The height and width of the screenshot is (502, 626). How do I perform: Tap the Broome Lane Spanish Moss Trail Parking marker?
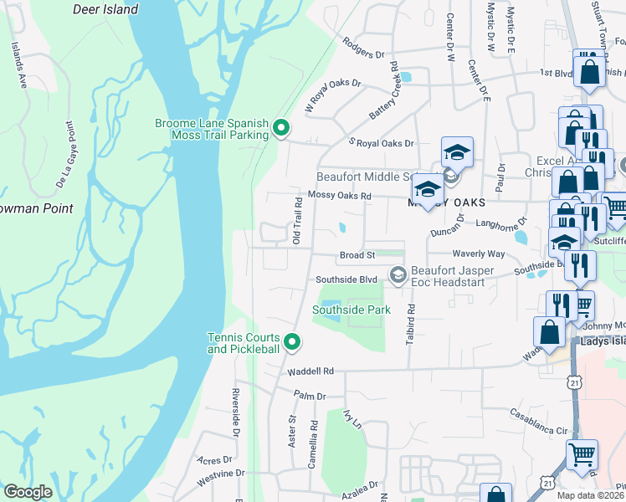pyautogui.click(x=281, y=129)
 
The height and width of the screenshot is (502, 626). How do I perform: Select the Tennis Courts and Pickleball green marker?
pyautogui.click(x=292, y=341)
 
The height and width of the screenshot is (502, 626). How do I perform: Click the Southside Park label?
pyautogui.click(x=351, y=310)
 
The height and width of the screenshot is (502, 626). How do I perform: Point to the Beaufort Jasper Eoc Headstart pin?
pyautogui.click(x=398, y=274)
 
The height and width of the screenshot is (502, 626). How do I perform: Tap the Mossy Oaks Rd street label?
pyautogui.click(x=339, y=196)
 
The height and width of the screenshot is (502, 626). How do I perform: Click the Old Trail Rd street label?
pyautogui.click(x=296, y=221)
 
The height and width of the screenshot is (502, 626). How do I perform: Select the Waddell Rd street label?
pyautogui.click(x=310, y=371)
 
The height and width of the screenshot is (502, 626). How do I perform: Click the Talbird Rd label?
pyautogui.click(x=411, y=321)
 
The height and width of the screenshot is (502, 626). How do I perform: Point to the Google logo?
pyautogui.click(x=28, y=492)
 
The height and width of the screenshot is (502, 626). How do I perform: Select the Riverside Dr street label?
pyautogui.click(x=236, y=414)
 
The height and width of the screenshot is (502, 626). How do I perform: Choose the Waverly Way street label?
pyautogui.click(x=478, y=254)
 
